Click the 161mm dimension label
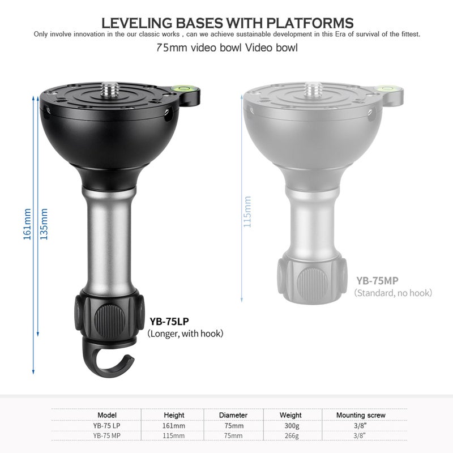click(27, 224)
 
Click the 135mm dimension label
click(44, 224)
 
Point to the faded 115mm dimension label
click(247, 212)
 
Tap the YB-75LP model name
click(169, 321)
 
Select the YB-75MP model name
click(377, 280)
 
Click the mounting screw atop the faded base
click(314, 90)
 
